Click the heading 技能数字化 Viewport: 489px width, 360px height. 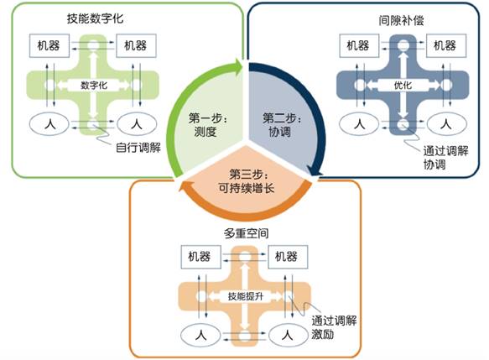[x=95, y=18]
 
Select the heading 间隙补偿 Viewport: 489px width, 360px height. [x=402, y=21]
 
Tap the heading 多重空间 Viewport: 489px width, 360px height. [x=247, y=233]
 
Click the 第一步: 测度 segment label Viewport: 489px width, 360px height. [x=208, y=125]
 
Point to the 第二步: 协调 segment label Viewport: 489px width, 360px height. [x=282, y=125]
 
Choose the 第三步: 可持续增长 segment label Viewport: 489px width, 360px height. [x=247, y=181]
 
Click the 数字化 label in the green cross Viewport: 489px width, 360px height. [x=94, y=85]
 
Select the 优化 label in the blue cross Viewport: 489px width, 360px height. [x=403, y=85]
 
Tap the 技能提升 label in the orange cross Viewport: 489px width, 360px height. [x=246, y=296]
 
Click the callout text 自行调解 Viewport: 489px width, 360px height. [x=138, y=147]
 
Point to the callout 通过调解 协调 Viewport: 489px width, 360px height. [x=445, y=158]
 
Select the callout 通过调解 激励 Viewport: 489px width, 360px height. [x=334, y=327]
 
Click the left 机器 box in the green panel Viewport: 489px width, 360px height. [x=49, y=45]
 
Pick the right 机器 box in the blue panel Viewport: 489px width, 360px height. [x=446, y=45]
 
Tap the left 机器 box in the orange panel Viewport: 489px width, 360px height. [x=201, y=257]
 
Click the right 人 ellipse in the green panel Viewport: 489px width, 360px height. [x=137, y=124]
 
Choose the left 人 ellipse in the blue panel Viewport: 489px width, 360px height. [x=359, y=124]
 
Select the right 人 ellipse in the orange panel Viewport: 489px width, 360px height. [x=289, y=336]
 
